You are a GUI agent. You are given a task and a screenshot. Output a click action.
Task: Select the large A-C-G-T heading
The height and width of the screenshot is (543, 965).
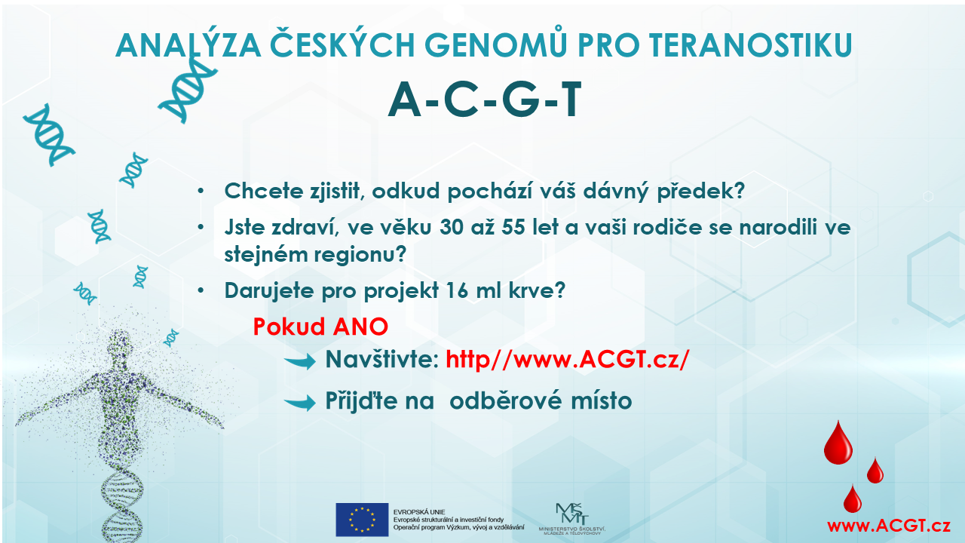click(485, 100)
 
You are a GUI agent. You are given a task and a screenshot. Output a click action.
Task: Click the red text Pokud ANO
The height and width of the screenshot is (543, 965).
click(320, 327)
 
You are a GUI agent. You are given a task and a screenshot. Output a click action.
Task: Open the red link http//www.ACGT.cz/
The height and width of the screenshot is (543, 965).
click(568, 360)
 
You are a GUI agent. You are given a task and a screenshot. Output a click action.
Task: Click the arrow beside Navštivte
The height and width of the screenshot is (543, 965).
click(300, 360)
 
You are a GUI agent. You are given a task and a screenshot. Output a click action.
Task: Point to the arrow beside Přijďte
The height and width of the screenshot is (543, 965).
click(300, 402)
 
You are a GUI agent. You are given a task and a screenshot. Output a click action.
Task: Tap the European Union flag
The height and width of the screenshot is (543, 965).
click(362, 520)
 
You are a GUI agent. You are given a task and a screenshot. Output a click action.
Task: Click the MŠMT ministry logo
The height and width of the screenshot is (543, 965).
click(572, 519)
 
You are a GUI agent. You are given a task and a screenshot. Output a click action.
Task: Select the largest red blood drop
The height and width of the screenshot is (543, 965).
click(838, 444)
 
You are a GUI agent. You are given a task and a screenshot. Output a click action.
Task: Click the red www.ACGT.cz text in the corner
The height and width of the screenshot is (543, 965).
click(888, 526)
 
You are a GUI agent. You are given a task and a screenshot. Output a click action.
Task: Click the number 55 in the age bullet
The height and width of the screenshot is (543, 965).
click(513, 228)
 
